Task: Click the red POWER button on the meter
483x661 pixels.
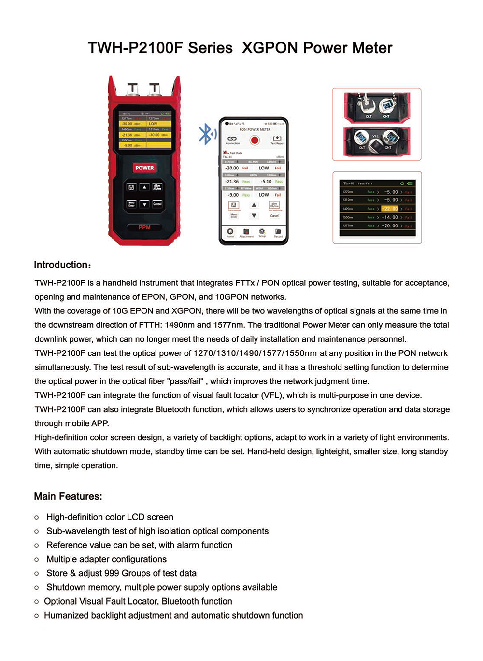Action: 144,168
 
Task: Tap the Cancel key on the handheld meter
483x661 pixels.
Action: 157,204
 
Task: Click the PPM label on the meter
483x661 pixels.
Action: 144,227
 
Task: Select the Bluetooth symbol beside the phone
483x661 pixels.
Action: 206,134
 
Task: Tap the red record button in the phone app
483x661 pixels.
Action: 255,140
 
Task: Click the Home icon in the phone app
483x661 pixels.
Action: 230,232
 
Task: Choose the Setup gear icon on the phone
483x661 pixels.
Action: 262,232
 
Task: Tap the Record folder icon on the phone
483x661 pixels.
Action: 278,232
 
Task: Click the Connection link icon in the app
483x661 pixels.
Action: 232,139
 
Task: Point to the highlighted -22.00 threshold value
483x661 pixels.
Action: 390,209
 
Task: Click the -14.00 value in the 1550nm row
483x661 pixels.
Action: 390,217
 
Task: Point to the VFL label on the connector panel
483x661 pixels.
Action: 375,136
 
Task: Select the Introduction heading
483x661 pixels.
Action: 62,265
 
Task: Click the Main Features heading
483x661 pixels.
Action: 68,496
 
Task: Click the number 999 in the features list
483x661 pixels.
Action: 112,573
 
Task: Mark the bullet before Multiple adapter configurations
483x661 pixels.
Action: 37,559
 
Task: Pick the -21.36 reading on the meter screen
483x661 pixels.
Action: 127,135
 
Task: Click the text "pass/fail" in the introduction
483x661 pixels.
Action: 185,381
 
